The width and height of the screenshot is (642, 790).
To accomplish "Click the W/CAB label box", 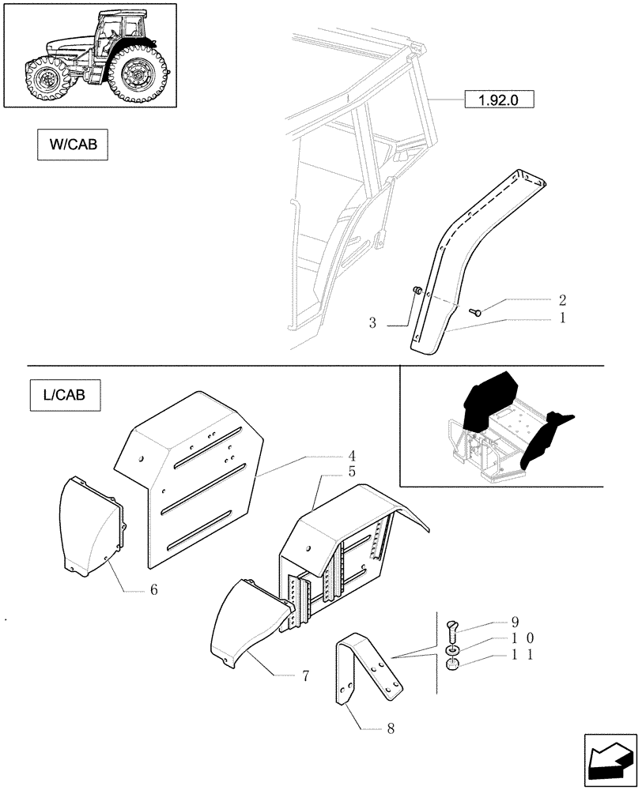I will point(72,145).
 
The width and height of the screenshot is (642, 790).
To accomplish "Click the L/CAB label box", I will point(66,393).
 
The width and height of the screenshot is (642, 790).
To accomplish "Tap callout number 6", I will point(153,589).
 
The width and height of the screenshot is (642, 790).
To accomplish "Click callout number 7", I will point(304,676).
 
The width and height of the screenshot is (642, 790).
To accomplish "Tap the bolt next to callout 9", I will point(452,630).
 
